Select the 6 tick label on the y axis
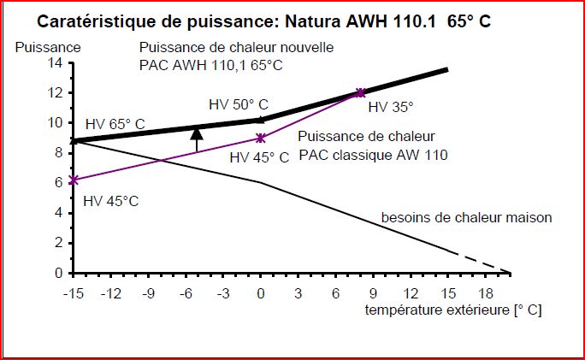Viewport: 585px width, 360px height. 57,182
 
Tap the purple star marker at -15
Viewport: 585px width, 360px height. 74,180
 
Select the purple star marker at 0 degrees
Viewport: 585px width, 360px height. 261,138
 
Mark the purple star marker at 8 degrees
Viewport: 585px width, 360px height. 361,92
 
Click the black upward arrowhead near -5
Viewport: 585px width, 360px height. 197,133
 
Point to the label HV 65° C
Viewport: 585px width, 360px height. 115,124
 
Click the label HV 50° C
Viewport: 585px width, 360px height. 238,104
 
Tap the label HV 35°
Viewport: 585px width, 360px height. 391,109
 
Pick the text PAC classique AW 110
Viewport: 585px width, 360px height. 374,156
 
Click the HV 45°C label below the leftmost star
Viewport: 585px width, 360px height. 112,201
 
